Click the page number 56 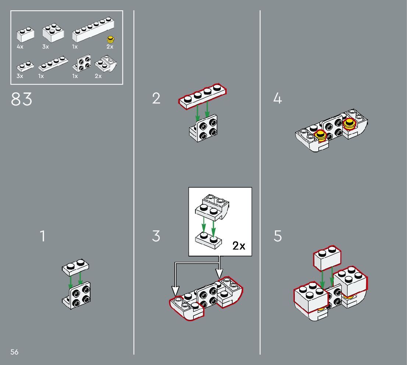tap(14, 352)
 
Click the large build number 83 tap(21, 99)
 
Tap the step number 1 tap(43, 236)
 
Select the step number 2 tap(156, 98)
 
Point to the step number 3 tap(156, 236)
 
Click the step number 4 tap(277, 98)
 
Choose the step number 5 tap(278, 236)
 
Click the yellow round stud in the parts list tap(111, 39)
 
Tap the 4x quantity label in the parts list tap(20, 47)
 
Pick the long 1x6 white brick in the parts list tap(93, 29)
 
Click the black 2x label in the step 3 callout tap(238, 245)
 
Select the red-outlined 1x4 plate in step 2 tap(202, 96)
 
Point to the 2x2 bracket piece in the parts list tap(82, 63)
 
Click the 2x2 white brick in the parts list tap(53, 33)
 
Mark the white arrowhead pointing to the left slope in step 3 tap(176, 291)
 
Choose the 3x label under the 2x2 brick tap(45, 47)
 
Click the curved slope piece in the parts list tap(106, 64)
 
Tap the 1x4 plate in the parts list tap(53, 64)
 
